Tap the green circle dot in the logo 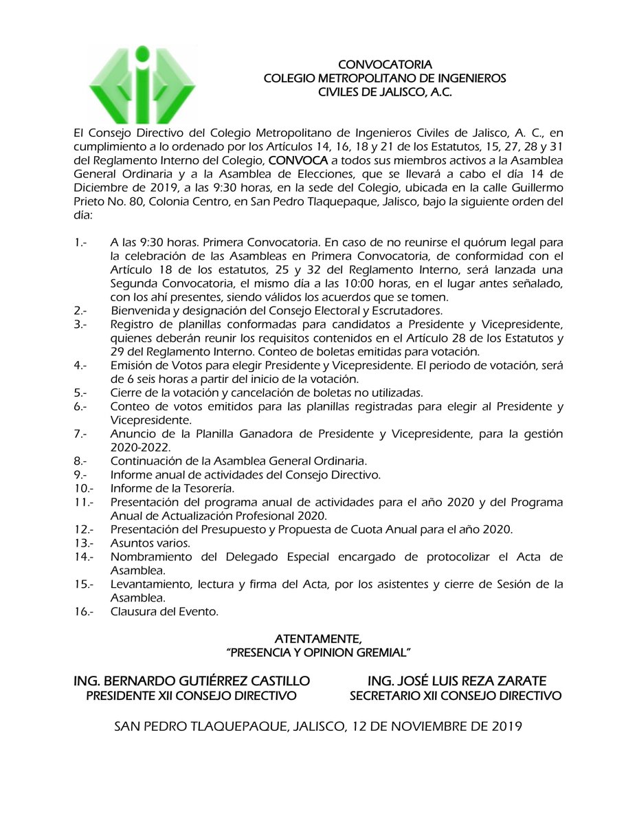tap(142, 54)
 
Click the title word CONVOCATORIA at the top tap(385, 65)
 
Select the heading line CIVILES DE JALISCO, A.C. tap(385, 92)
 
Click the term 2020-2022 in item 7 tap(140, 446)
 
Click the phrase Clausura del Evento tap(164, 610)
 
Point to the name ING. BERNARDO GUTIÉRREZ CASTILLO tap(192, 681)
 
